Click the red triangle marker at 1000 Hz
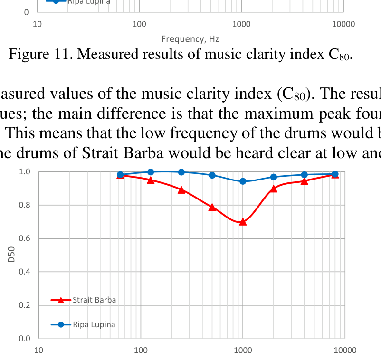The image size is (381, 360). [243, 222]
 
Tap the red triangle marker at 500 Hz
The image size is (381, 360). [212, 207]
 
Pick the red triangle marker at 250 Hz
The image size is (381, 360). [181, 190]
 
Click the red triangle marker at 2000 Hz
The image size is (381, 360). [274, 189]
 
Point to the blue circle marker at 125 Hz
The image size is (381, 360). [151, 172]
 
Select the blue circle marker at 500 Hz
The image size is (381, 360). [212, 175]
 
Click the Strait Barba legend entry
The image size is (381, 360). [94, 300]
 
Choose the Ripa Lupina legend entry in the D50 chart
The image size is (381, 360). [94, 325]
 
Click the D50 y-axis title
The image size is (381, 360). [11, 255]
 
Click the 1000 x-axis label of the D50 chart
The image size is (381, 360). [243, 351]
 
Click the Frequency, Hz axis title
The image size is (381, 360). [190, 39]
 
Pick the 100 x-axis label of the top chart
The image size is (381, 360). [139, 24]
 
